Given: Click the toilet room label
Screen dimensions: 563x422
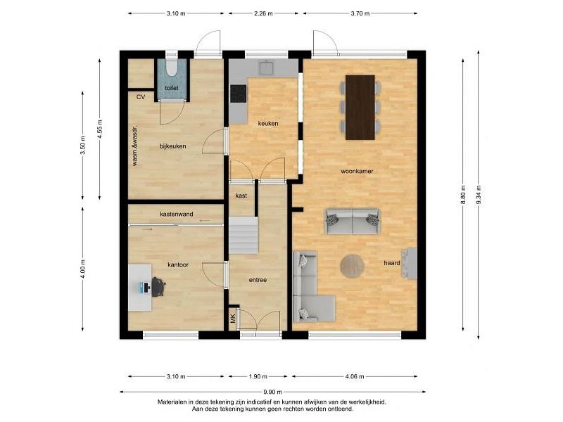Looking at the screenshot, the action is (x=172, y=88).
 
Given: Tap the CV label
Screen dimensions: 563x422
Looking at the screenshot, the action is (x=141, y=97).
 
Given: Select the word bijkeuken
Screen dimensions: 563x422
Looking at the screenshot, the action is (x=172, y=146).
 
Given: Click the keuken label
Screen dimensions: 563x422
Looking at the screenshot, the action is (x=268, y=124).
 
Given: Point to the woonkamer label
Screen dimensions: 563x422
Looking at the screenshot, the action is (x=357, y=171).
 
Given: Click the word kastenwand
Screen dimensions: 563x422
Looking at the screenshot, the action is (x=177, y=215).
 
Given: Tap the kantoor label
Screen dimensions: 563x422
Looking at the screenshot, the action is (x=178, y=265).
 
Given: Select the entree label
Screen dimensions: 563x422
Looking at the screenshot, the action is (x=258, y=280).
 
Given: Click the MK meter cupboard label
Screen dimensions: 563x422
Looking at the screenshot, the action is (x=234, y=319).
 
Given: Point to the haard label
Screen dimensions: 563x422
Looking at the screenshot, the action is (x=392, y=263).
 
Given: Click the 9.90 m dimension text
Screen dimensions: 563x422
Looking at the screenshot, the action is (x=273, y=392).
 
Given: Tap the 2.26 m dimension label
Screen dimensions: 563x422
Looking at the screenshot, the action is (x=263, y=13).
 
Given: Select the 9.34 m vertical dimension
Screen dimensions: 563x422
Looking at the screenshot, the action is (x=479, y=196).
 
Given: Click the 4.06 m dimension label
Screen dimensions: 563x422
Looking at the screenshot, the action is (x=355, y=376).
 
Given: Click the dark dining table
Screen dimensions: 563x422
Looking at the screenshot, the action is (x=360, y=108).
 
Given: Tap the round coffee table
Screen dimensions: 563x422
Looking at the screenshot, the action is (x=353, y=266).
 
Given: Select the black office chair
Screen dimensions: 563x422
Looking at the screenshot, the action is (x=158, y=287).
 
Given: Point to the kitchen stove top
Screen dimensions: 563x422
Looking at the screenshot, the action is (x=239, y=94).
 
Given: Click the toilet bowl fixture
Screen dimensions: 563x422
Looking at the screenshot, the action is (x=172, y=68).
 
